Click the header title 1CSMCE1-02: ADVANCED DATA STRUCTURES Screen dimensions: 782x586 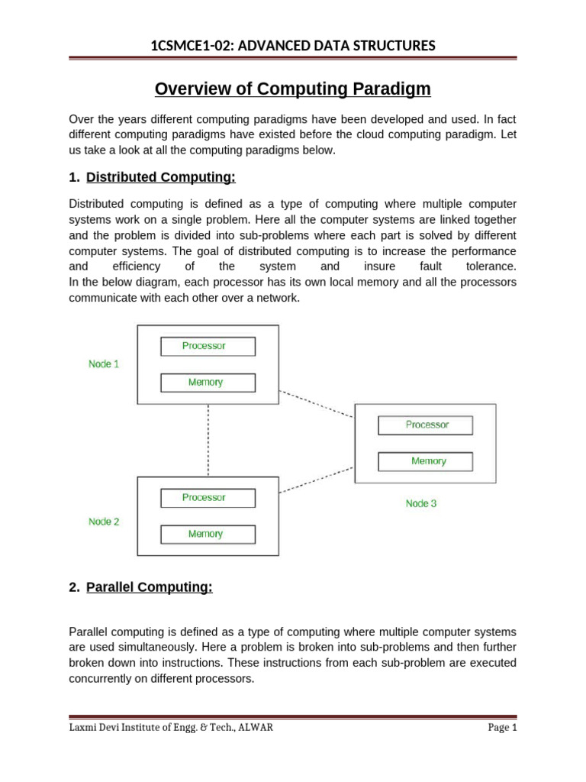293,47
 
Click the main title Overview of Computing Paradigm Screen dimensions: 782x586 293,89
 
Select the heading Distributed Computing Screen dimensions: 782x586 161,177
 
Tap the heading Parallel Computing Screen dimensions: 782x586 149,587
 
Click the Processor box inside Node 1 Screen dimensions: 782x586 208,346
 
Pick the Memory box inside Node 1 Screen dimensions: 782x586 208,383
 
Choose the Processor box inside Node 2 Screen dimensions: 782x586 208,498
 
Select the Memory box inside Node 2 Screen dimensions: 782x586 208,535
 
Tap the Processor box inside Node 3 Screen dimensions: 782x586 426,425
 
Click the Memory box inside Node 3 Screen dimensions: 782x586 426,461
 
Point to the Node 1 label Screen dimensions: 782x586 104,364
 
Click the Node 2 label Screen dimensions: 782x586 104,522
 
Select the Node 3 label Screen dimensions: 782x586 421,504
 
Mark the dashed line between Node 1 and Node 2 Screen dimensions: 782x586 208,440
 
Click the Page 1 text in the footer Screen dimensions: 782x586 502,728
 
